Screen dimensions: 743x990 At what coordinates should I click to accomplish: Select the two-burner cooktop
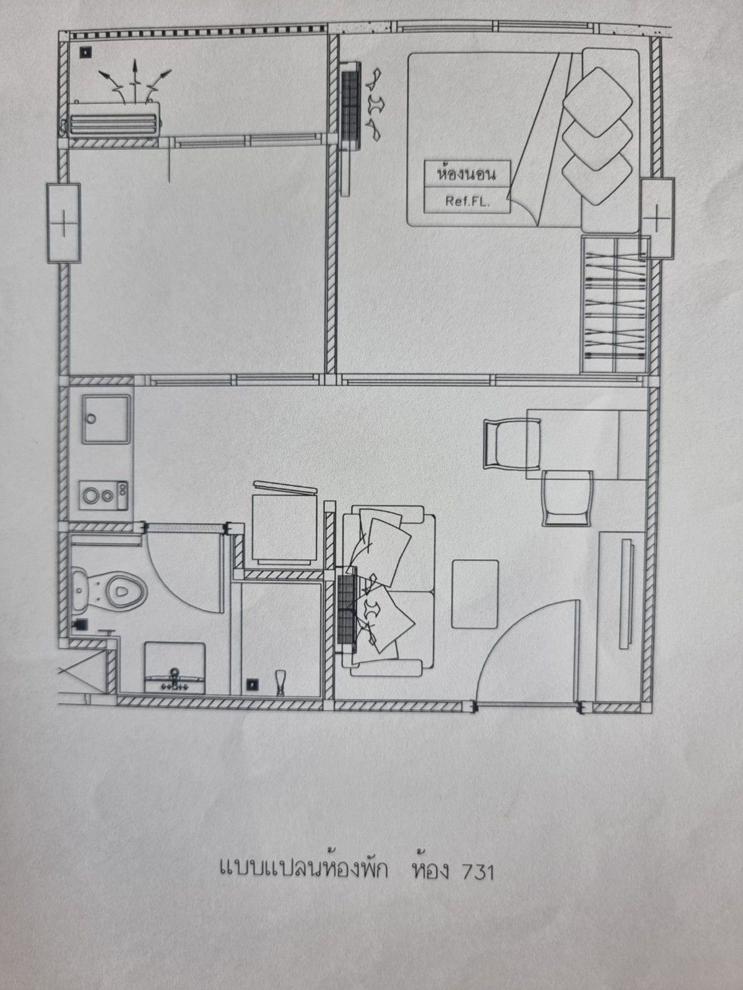103,495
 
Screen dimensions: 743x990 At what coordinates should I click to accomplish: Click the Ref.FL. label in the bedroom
467,201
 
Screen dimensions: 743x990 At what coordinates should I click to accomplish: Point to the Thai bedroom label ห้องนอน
467,174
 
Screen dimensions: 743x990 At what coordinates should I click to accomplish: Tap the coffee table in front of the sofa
475,594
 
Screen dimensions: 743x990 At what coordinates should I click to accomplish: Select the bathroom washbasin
175,667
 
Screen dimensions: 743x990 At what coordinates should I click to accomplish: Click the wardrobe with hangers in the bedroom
615,304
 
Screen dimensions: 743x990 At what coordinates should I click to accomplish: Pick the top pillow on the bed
597,102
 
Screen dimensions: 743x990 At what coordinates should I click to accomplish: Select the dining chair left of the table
511,445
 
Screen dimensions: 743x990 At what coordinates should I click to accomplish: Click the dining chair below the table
568,498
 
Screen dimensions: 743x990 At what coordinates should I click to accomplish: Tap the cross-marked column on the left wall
64,224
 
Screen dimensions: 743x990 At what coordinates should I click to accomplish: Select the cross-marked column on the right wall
658,219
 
